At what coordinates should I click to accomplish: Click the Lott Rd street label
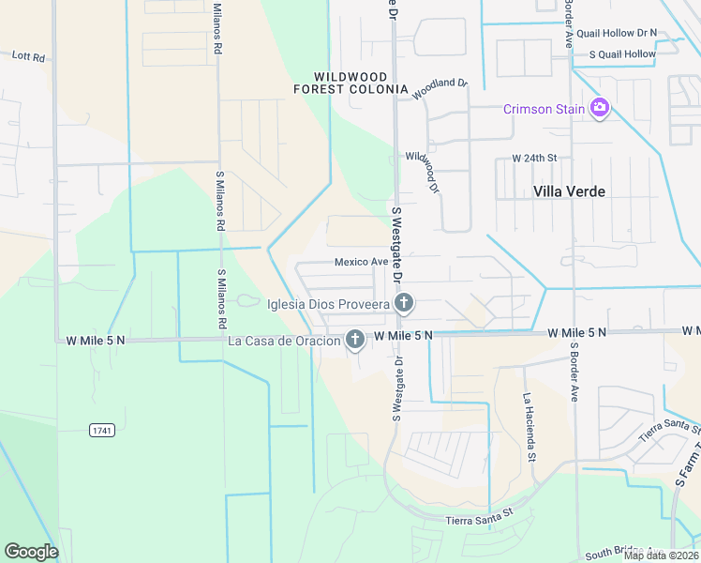coord(28,57)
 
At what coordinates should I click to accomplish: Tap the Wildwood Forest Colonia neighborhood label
coord(361,84)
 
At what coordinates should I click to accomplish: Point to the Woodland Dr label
coord(439,88)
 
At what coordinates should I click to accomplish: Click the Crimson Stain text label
coord(544,109)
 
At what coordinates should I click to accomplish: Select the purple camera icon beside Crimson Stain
coord(599,109)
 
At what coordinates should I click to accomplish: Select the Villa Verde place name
coord(569,191)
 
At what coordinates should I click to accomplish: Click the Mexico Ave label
coord(362,262)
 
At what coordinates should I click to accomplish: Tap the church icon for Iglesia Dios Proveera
coord(404,303)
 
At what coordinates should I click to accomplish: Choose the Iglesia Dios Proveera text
coord(328,304)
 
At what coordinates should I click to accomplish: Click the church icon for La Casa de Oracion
coord(355,340)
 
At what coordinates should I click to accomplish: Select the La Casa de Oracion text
coord(284,341)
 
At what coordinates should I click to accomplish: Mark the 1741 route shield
coord(102,431)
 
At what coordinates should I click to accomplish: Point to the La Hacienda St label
coord(529,428)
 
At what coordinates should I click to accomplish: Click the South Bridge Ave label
coord(625,554)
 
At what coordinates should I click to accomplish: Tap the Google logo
coord(31,551)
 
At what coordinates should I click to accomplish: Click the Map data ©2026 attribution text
coord(660,555)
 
